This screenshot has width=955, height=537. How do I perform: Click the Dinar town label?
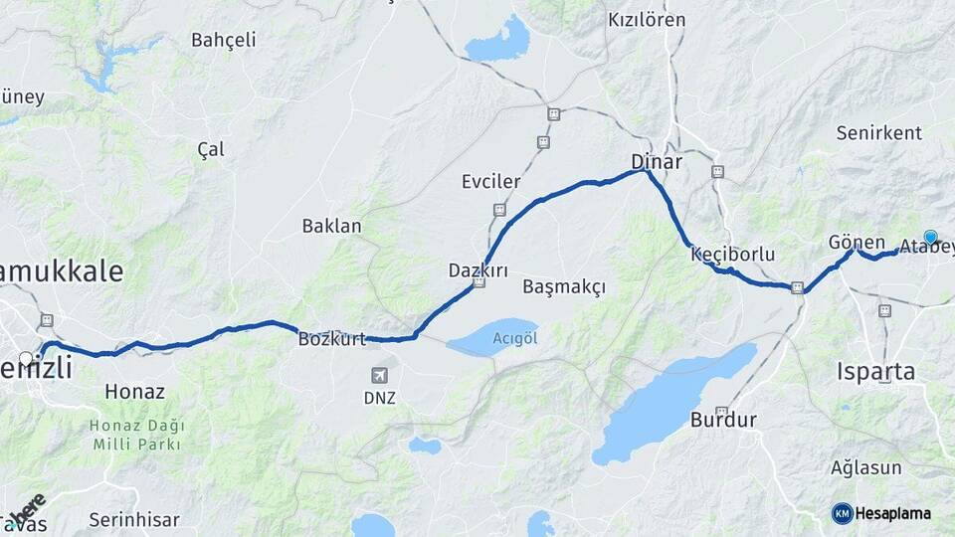tap(656, 161)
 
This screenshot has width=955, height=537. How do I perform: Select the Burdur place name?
tap(723, 419)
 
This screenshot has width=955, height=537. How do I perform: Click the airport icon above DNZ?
tap(379, 375)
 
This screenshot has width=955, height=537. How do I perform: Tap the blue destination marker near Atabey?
tap(930, 237)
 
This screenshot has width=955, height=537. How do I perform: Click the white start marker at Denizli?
tap(26, 358)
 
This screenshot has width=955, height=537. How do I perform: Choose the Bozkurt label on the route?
tap(332, 338)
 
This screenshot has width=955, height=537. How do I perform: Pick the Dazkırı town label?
tap(477, 269)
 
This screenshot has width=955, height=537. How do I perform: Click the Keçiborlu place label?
tap(732, 255)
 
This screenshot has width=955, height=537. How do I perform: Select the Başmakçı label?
tap(563, 286)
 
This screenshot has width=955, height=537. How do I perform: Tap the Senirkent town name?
tap(878, 132)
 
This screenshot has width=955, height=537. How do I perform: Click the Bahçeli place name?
tap(223, 40)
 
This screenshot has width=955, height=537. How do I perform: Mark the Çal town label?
tap(210, 149)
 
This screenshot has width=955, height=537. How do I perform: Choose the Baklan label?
tap(331, 226)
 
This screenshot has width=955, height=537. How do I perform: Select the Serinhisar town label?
tap(133, 519)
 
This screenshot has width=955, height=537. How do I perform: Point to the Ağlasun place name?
tap(865, 467)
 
